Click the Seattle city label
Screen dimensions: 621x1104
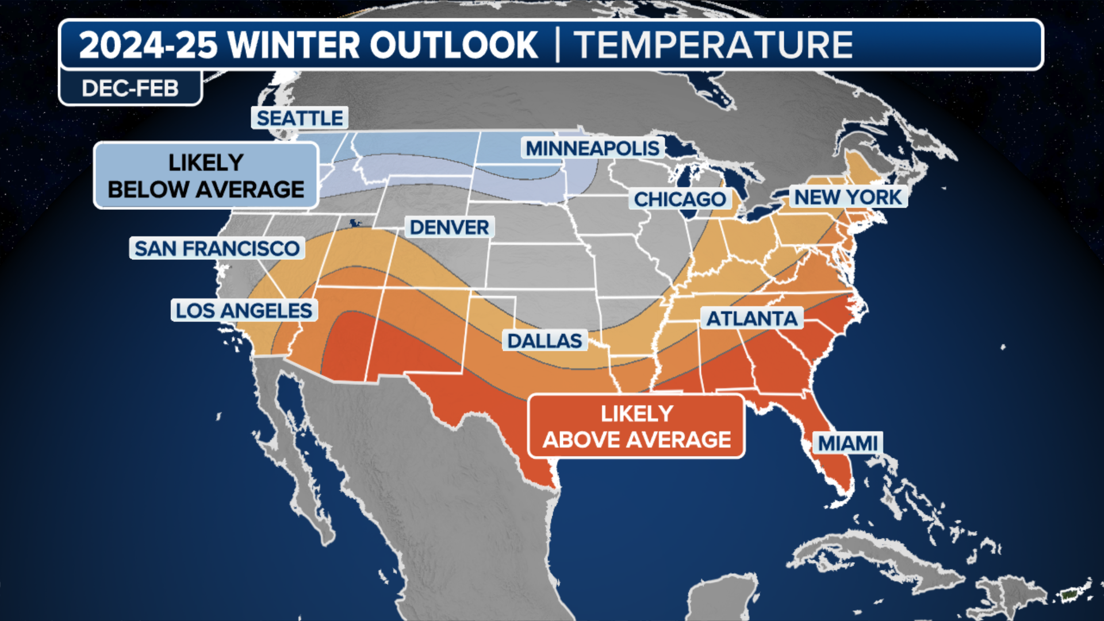pos(300,118)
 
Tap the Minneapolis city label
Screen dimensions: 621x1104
pos(592,148)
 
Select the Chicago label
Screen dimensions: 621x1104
pos(680,199)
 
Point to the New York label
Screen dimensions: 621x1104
pos(848,197)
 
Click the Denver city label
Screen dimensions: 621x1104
pos(449,227)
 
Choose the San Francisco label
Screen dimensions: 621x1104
pos(217,248)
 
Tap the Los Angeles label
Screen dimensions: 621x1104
pos(244,310)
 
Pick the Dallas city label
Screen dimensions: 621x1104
pos(545,340)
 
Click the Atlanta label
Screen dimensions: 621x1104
pos(752,318)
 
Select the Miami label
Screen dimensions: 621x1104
pos(848,443)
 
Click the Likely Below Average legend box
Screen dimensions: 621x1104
pos(206,175)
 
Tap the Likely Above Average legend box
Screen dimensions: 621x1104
pos(636,426)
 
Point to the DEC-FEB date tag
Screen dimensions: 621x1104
pos(130,89)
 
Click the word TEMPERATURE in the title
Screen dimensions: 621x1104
pos(713,45)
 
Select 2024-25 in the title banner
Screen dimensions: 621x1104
pos(148,45)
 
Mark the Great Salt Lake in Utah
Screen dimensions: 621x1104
pos(354,223)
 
